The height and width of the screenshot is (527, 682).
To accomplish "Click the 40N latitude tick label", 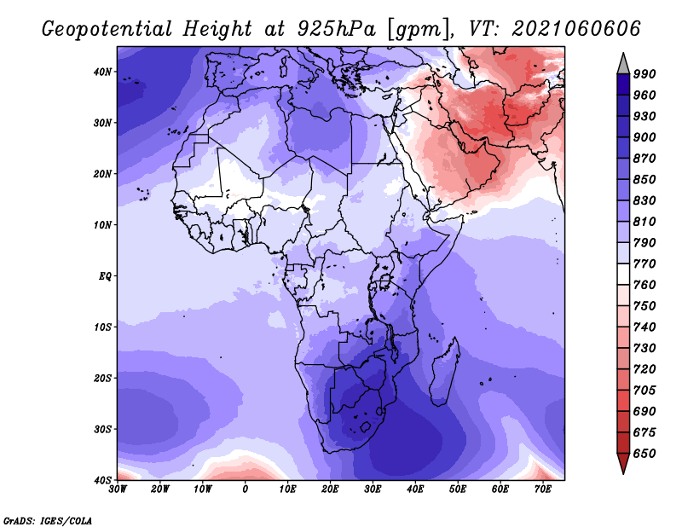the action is [x=102, y=72].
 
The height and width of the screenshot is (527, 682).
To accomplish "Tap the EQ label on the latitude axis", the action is [x=105, y=276].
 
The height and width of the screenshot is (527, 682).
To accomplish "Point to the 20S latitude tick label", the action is [x=102, y=378].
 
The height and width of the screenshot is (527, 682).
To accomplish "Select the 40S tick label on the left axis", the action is [x=102, y=480].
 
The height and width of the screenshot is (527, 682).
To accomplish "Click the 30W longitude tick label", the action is [x=118, y=489].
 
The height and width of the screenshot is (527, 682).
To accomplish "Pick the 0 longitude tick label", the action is [x=246, y=489].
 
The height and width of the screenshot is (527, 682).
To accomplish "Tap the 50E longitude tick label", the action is [x=458, y=489].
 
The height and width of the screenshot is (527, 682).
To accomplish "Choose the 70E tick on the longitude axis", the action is [x=543, y=489].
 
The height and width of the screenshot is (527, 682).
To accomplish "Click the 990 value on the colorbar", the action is [x=644, y=74].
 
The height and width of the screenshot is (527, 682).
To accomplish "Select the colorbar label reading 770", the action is [x=644, y=263].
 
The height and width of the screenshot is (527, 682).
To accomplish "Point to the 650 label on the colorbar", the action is [x=644, y=454].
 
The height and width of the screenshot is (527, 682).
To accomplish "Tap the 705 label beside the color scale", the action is [x=644, y=391].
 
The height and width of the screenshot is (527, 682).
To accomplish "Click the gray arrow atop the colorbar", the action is [x=623, y=65].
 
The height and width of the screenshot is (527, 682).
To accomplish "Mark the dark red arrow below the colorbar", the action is [x=623, y=462].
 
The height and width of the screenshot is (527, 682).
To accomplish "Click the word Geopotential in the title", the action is [x=107, y=29].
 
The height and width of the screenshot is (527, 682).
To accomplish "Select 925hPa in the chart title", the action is [x=337, y=29].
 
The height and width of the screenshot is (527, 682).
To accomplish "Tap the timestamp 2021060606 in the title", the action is [x=576, y=29].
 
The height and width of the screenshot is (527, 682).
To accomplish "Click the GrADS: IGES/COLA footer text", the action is [x=48, y=520].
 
